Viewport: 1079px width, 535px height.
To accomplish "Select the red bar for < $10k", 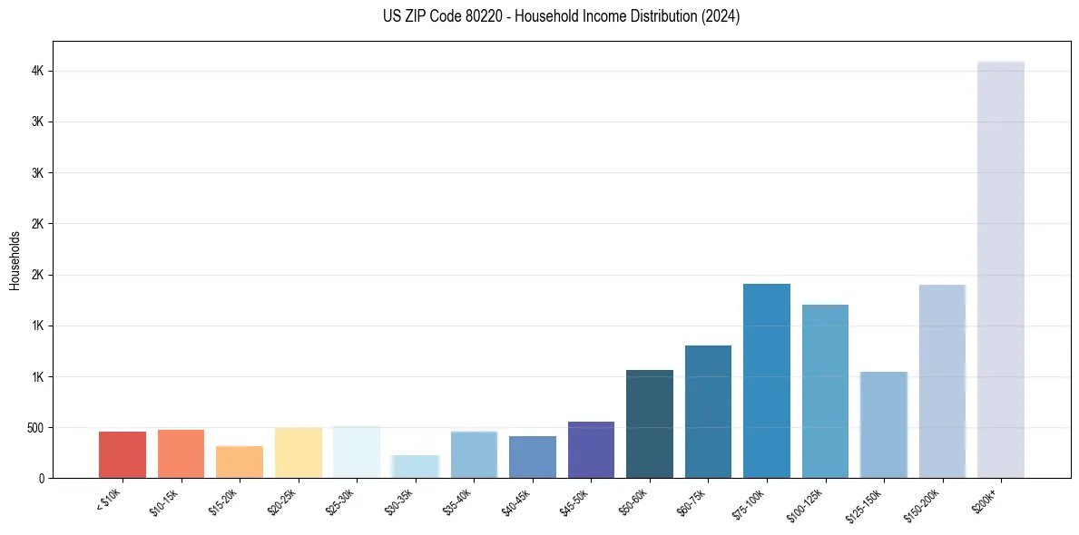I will pyautogui.click(x=123, y=454).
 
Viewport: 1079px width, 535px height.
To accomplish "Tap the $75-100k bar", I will pyautogui.click(x=767, y=381).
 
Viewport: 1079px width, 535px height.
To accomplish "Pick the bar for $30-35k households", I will pyautogui.click(x=416, y=466).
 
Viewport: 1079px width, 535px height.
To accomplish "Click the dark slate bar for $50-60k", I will pyautogui.click(x=650, y=423).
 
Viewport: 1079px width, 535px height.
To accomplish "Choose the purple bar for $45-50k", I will pyautogui.click(x=591, y=450).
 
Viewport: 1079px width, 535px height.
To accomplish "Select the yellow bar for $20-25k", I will pyautogui.click(x=299, y=452).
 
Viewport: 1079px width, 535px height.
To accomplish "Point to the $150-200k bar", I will pyautogui.click(x=942, y=381).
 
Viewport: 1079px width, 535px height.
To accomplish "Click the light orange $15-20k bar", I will pyautogui.click(x=240, y=462).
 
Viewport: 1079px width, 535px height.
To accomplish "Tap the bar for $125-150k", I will pyautogui.click(x=884, y=424).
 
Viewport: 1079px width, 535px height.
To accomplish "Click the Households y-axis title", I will pyautogui.click(x=15, y=259).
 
